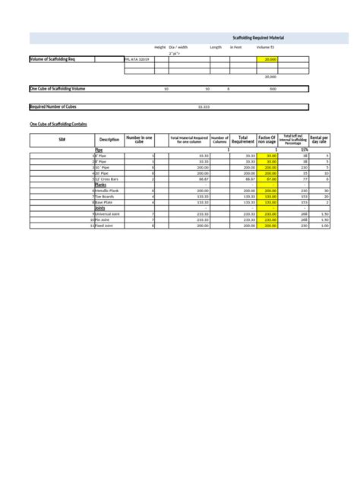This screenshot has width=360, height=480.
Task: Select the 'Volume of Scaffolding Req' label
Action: click(x=52, y=58)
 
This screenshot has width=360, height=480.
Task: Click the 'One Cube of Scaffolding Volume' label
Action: click(x=56, y=89)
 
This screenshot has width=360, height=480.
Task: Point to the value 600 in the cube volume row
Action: click(x=273, y=89)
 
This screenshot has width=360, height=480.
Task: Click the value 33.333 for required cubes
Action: click(x=204, y=106)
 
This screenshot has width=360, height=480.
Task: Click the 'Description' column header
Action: click(x=109, y=141)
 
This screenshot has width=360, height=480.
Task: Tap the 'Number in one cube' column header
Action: click(x=139, y=141)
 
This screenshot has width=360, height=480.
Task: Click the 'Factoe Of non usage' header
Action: click(x=267, y=141)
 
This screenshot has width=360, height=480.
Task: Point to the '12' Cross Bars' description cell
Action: click(x=107, y=178)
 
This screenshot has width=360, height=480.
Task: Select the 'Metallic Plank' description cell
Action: click(x=107, y=190)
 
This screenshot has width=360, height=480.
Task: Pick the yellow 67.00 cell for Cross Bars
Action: click(x=270, y=178)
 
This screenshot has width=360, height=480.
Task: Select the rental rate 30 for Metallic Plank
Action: click(x=325, y=190)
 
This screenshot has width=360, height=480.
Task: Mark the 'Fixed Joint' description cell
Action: click(x=106, y=226)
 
